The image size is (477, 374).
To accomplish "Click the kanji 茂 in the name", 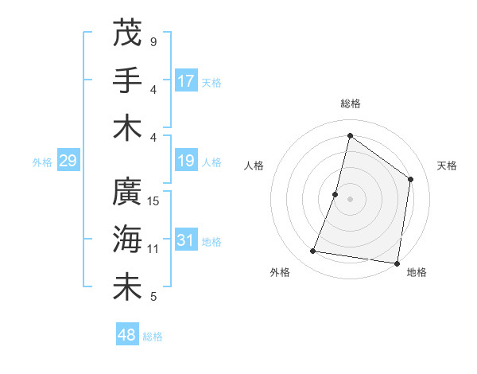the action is click(x=127, y=33).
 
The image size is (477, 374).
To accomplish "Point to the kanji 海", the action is click(x=127, y=240).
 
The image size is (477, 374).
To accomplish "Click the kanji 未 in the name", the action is click(x=127, y=288).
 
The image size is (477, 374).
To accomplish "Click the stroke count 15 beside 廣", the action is click(x=154, y=201).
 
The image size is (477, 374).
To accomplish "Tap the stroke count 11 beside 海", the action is click(x=153, y=249).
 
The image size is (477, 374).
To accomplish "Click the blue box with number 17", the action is click(x=186, y=80).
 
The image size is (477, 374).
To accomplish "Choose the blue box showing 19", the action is click(x=186, y=162).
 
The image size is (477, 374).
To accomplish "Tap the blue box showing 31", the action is click(x=186, y=241).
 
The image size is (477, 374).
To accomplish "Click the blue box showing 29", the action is click(x=68, y=162).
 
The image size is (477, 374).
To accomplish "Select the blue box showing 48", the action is click(x=127, y=335).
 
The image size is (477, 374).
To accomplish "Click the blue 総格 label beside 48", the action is click(x=153, y=337).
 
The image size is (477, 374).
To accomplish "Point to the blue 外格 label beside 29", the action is click(x=42, y=162).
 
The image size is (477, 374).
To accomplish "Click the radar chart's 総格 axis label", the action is click(x=350, y=103).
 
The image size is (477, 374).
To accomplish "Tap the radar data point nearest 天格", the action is click(x=411, y=179).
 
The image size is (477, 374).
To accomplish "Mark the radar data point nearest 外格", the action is click(x=313, y=251).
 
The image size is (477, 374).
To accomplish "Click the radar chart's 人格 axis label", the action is click(x=254, y=166).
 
